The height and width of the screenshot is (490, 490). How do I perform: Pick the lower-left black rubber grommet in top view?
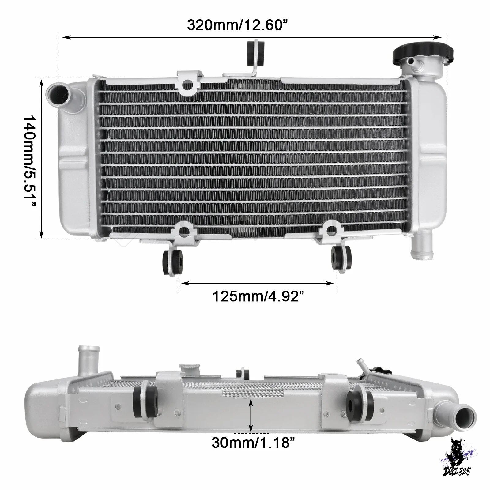tap(173, 262)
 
